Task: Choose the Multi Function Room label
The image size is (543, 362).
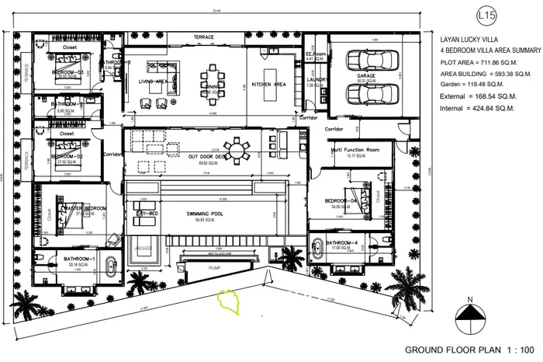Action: pyautogui.click(x=355, y=148)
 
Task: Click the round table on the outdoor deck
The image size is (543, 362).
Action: pyautogui.click(x=233, y=148)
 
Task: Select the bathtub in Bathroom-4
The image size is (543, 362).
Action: pyautogui.click(x=320, y=250)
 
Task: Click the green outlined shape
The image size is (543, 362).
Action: pyautogui.click(x=230, y=301)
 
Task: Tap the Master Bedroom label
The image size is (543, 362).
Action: pyautogui.click(x=84, y=209)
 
